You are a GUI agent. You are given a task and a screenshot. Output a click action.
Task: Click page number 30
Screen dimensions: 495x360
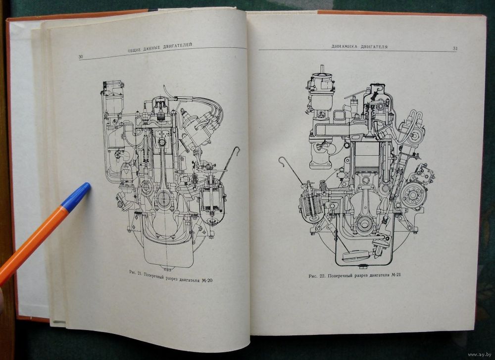click(81, 56)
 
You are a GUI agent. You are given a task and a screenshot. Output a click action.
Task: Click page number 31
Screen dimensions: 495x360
click(455, 49)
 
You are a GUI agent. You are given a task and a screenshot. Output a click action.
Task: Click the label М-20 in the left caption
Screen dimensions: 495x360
click(206, 280)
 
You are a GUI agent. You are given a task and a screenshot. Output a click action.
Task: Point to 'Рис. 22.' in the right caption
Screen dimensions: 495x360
click(317, 276)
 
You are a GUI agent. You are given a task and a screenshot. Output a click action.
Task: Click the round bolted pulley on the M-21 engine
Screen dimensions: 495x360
click(413, 194)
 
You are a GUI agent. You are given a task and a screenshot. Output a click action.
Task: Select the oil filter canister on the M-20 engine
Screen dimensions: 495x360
click(212, 202)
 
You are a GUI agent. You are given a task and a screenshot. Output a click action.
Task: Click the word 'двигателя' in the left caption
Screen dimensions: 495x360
click(189, 279)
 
